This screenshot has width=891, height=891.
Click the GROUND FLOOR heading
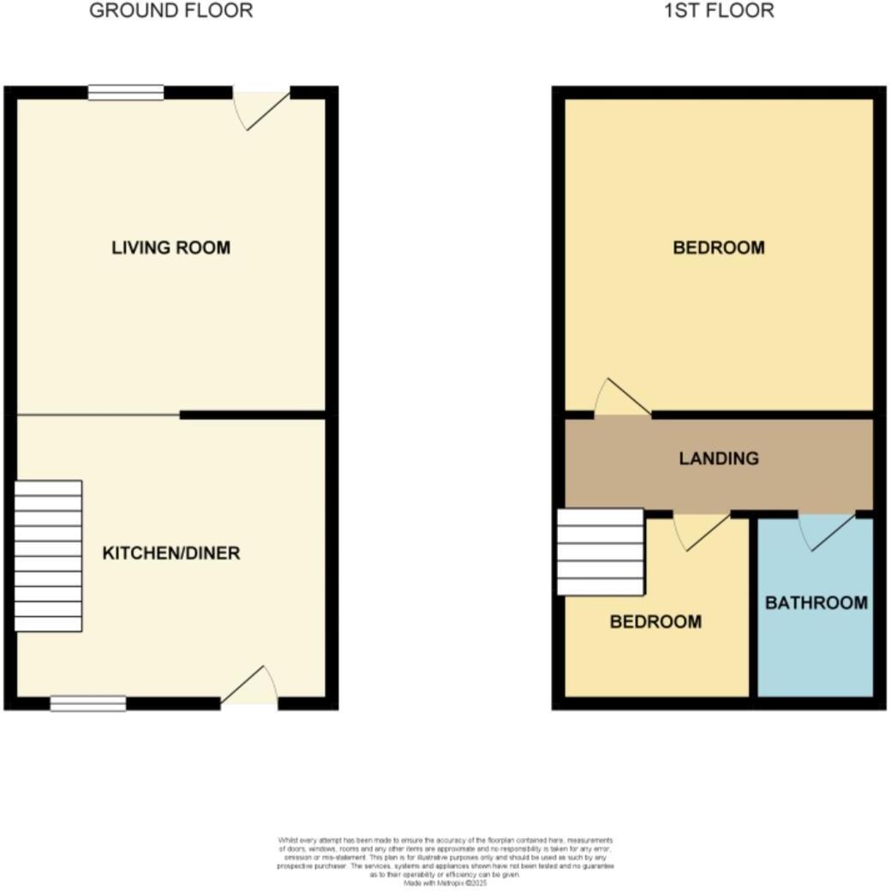point(170,11)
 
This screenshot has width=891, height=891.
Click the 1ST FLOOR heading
point(718,11)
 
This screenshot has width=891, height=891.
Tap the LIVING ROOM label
point(170,248)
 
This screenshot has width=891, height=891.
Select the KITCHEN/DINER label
point(170,553)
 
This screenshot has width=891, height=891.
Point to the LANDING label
point(718,458)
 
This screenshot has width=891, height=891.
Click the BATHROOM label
point(816,603)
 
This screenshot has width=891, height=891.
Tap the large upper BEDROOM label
point(718,248)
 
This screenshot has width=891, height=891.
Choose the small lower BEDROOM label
point(655,622)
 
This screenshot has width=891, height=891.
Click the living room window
point(125,93)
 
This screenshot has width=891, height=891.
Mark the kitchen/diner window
point(88,703)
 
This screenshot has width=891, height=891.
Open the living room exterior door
point(262,108)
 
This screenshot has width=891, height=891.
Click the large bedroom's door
point(622,399)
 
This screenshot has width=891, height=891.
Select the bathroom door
point(827,529)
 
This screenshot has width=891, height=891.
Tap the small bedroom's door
point(701,530)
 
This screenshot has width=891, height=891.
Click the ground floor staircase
point(49,556)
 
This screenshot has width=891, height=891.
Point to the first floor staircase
point(600,552)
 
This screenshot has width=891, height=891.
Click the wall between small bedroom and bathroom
point(753,608)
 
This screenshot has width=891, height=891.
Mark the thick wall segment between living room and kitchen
point(253,415)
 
